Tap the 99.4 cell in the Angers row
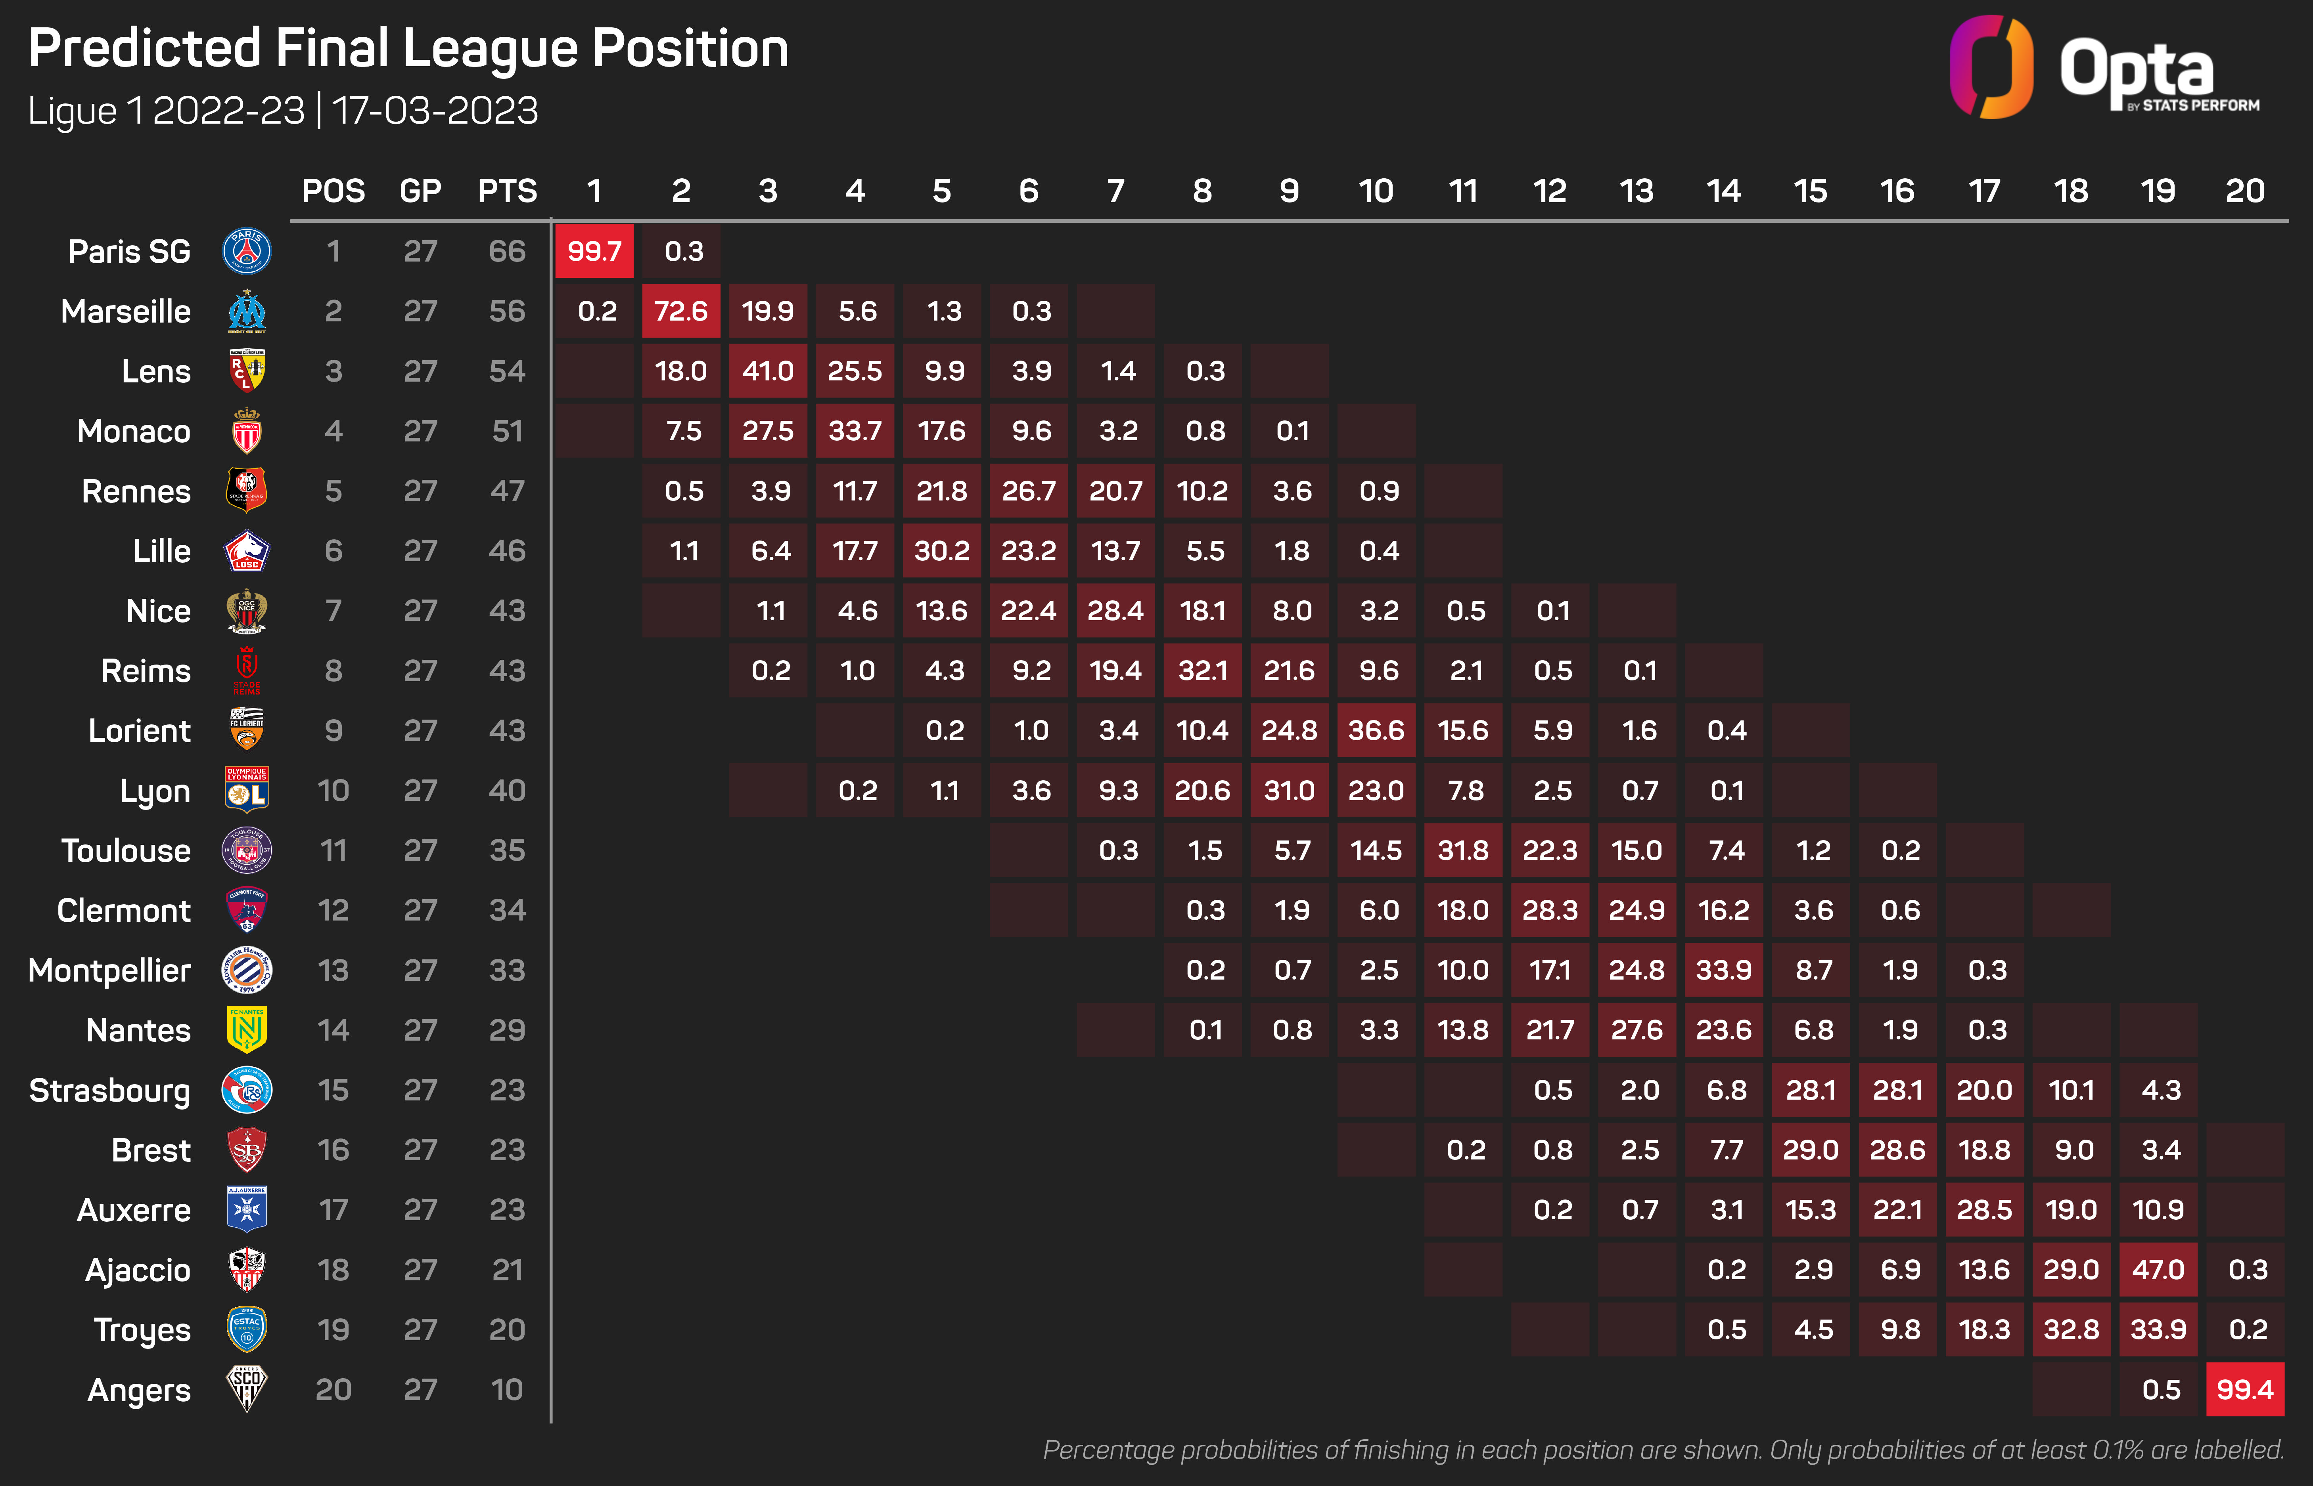click(x=2244, y=1389)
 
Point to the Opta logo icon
click(x=1991, y=67)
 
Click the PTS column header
click(x=507, y=191)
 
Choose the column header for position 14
click(x=1723, y=191)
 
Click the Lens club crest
click(x=247, y=371)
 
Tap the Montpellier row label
click(x=109, y=970)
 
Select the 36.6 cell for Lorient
click(x=1376, y=730)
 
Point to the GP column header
click(x=420, y=191)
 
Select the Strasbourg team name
click(x=109, y=1091)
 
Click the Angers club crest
click(x=247, y=1389)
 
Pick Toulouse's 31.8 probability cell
click(x=1462, y=850)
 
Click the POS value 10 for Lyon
click(x=333, y=790)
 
